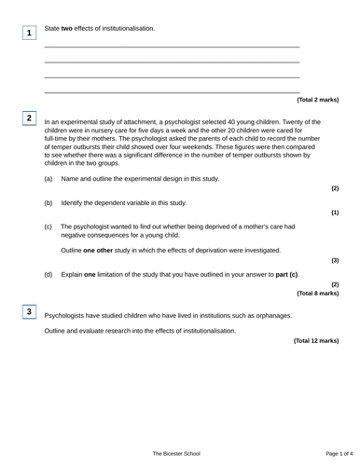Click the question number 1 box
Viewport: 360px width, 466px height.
pyautogui.click(x=29, y=34)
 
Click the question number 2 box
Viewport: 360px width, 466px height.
pyautogui.click(x=29, y=118)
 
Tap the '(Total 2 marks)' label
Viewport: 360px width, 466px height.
pyautogui.click(x=317, y=100)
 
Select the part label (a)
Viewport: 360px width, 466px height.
pyautogui.click(x=48, y=178)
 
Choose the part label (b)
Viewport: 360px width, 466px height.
pyautogui.click(x=48, y=202)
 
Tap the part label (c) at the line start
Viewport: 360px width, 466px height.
pyautogui.click(x=48, y=226)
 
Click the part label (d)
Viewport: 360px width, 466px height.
pyautogui.click(x=48, y=275)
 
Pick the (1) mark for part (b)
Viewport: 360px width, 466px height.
pyautogui.click(x=335, y=212)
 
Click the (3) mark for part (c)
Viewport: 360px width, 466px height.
pyautogui.click(x=335, y=261)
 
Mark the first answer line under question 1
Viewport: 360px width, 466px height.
pyautogui.click(x=173, y=47)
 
